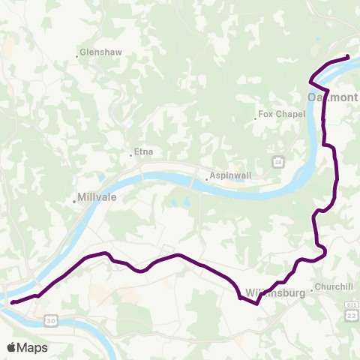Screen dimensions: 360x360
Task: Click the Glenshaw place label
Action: pyautogui.click(x=103, y=53)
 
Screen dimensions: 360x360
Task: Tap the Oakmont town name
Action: pyautogui.click(x=332, y=97)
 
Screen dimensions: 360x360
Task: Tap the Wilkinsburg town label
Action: pyautogui.click(x=274, y=292)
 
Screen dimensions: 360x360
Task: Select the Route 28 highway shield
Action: pyautogui.click(x=278, y=162)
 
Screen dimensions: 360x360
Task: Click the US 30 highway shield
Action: pyautogui.click(x=50, y=320)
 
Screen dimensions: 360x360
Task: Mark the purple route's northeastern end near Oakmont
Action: pyautogui.click(x=349, y=57)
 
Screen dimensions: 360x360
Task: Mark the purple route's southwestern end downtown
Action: pyautogui.click(x=11, y=303)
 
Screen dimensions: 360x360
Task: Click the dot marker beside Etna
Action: pyautogui.click(x=131, y=155)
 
